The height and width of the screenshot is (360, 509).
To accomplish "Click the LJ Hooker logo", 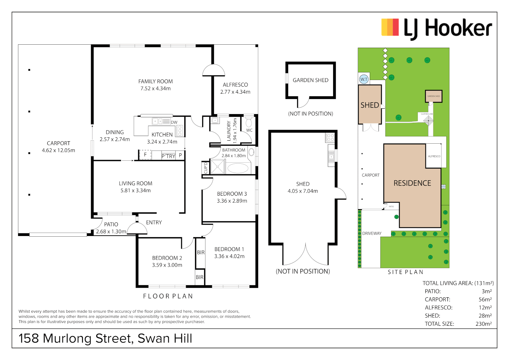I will [x=436, y=28].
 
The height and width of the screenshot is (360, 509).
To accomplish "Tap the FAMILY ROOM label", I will [x=156, y=81].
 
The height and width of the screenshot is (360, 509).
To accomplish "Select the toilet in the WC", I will [x=249, y=122].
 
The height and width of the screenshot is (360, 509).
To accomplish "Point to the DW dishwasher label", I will [x=174, y=122].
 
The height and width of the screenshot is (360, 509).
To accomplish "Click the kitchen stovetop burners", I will [x=180, y=130].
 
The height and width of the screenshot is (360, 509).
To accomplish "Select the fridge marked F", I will [x=145, y=155].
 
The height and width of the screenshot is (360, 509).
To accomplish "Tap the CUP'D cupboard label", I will [x=206, y=168].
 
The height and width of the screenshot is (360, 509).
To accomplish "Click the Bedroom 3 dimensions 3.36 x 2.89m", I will [x=232, y=201].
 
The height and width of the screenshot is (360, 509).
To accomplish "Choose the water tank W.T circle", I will [x=363, y=79].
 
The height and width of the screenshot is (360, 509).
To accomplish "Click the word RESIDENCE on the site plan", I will [x=412, y=183].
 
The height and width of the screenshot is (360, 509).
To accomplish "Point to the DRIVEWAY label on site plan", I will [x=372, y=233].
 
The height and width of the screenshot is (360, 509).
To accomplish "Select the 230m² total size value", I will [x=483, y=324].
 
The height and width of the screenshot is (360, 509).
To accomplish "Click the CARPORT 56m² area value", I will [x=485, y=299].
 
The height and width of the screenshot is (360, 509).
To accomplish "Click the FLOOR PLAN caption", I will [x=168, y=296].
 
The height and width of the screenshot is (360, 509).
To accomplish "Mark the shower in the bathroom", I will [x=218, y=167].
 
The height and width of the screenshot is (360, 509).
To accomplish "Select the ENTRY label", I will [x=154, y=222].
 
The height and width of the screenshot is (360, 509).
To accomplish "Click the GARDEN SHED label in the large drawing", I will [x=310, y=80].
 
